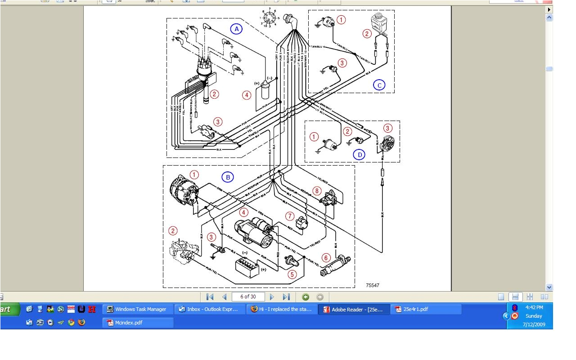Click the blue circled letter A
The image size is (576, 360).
(x=236, y=29)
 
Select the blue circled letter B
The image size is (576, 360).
(x=228, y=177)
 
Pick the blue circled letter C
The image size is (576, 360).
(x=379, y=85)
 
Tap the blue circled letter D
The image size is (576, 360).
(x=359, y=155)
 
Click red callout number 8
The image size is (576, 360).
(x=317, y=191)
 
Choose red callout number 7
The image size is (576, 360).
(x=290, y=216)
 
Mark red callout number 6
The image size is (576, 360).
(x=326, y=258)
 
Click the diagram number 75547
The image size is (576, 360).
(x=373, y=285)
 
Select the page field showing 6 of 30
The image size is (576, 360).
(x=248, y=297)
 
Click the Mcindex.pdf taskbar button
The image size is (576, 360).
(x=138, y=322)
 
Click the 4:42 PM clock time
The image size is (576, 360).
(x=534, y=307)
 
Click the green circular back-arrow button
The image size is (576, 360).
(x=306, y=297)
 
